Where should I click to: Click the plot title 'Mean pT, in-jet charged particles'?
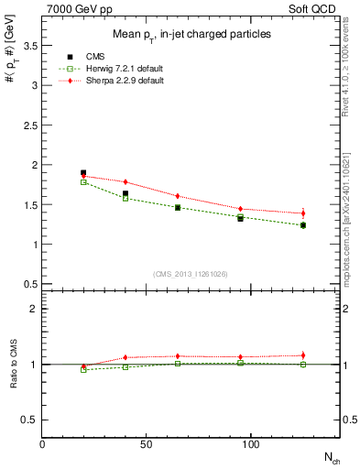(x=191, y=34)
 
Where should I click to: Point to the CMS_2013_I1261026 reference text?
(x=191, y=273)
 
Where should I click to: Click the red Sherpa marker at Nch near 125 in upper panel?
(x=302, y=213)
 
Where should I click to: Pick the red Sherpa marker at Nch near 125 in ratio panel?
(x=302, y=355)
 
